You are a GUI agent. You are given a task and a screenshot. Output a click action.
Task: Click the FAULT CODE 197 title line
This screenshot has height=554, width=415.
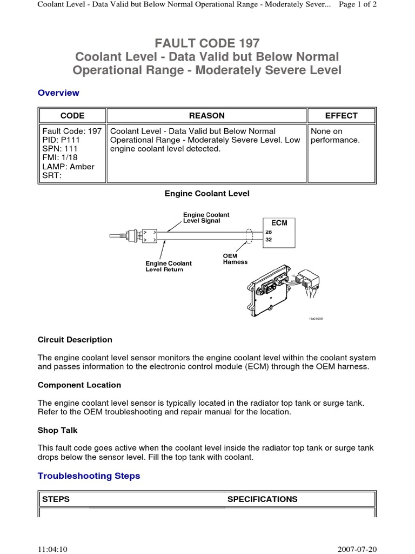coord(207,42)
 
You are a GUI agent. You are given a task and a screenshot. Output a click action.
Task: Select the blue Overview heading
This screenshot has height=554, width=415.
coord(58,93)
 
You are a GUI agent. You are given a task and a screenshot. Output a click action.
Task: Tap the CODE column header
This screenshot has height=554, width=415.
coord(72,115)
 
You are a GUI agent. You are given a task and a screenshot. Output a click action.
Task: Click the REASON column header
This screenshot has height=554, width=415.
coord(206,115)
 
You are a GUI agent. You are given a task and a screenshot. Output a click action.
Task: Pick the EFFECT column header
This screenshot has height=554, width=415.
coord(341,115)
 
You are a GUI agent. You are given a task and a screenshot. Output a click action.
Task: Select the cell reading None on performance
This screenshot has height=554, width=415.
coord(334,135)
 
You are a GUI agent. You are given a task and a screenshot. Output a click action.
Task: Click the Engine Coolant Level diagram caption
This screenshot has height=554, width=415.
coord(207,193)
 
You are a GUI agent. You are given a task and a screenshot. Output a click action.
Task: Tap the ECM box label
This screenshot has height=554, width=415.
coord(279,223)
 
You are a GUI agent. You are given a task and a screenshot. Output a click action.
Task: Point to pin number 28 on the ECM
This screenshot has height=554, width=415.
coord(269,232)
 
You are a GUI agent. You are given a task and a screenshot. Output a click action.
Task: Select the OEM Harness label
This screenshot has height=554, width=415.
coord(235,259)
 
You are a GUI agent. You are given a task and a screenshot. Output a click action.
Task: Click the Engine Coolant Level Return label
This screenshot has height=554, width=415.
coord(169,266)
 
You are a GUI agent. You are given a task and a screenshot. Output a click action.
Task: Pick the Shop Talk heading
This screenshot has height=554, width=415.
coord(58,430)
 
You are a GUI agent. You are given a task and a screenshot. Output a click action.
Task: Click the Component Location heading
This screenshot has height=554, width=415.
coord(79,385)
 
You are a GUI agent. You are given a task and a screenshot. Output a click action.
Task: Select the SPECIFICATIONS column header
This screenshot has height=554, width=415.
coord(262,499)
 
